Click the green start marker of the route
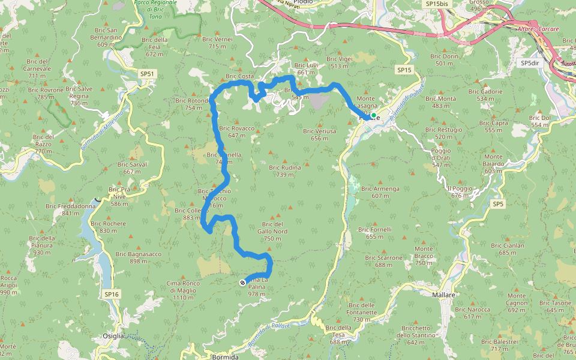[373, 115]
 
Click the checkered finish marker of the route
[242, 283]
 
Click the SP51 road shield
[147, 74]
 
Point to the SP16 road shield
[112, 294]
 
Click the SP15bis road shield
[436, 4]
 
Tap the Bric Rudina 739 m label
[284, 171]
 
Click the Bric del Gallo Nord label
[272, 231]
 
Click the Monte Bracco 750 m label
[424, 256]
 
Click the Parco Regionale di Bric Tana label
[155, 10]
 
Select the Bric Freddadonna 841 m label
[70, 209]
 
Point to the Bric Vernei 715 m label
[220, 43]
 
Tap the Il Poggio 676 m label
[460, 192]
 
